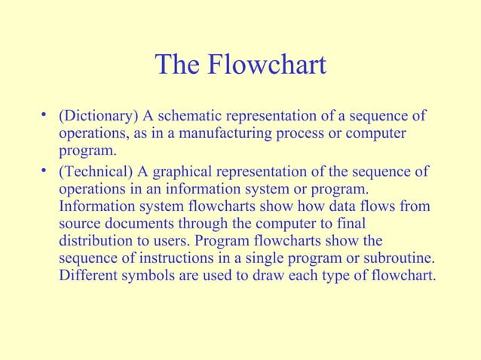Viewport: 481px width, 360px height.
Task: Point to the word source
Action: [x=81, y=224]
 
